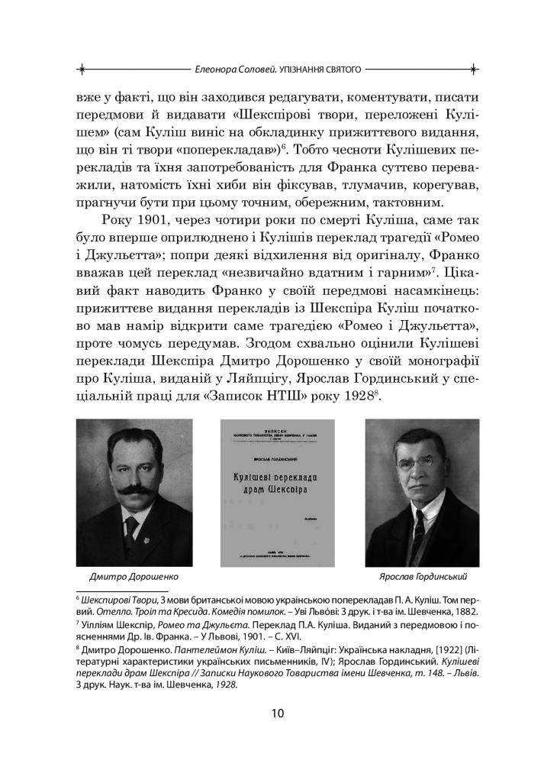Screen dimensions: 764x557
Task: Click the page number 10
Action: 278,714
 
